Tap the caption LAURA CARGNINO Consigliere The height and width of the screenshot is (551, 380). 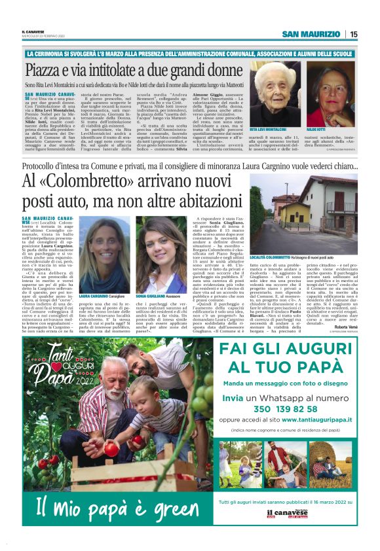tap(100, 277)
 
